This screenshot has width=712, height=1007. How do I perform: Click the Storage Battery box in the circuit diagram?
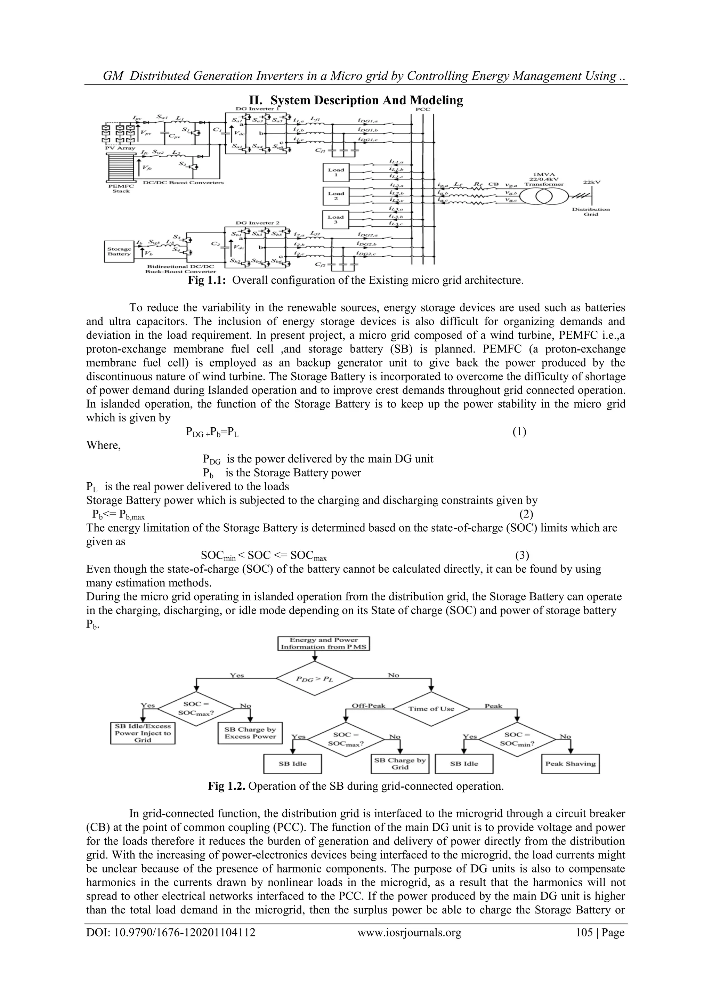click(x=119, y=251)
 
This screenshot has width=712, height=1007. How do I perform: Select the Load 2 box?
click(x=336, y=196)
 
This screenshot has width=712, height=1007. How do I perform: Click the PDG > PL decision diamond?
click(x=314, y=679)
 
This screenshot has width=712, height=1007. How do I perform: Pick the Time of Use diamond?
click(x=431, y=708)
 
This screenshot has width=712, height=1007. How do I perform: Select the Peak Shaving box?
click(x=571, y=764)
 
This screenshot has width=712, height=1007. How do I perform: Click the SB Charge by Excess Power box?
click(x=250, y=733)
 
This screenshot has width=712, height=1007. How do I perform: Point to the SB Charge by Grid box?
click(x=400, y=764)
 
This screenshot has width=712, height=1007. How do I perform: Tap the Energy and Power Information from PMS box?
click(x=324, y=643)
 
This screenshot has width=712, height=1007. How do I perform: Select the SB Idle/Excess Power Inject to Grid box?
click(x=143, y=733)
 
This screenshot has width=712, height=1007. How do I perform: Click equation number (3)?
click(x=522, y=556)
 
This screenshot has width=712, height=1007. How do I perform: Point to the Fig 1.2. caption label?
click(x=227, y=786)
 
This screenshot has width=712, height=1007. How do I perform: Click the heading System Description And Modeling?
click(x=356, y=100)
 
